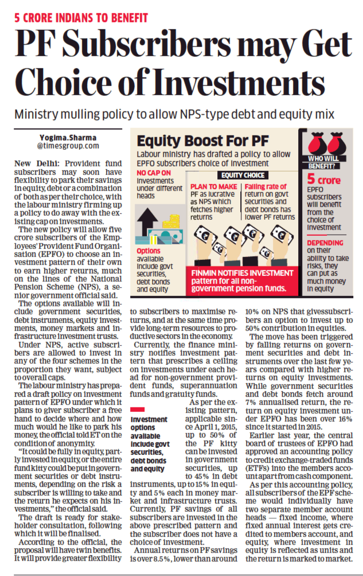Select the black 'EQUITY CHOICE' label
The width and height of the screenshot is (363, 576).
(240, 175)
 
